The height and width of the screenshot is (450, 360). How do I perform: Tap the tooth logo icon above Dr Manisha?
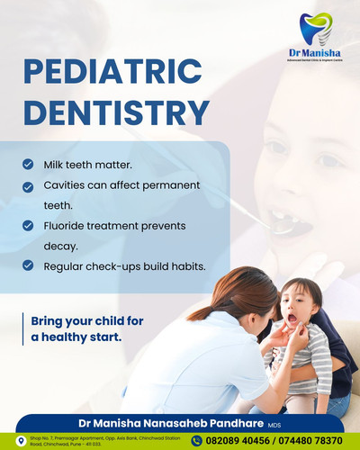(314, 29)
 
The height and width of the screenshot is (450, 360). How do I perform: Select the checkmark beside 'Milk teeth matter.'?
(29, 166)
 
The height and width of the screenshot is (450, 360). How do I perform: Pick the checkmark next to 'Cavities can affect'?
(29, 185)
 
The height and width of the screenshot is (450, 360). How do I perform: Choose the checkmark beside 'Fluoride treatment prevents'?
(29, 224)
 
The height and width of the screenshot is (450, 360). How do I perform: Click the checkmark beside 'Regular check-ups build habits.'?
(29, 265)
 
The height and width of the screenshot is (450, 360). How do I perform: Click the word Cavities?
(66, 185)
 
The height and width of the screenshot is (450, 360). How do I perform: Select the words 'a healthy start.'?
(76, 337)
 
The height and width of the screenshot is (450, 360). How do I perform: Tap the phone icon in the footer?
(196, 440)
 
